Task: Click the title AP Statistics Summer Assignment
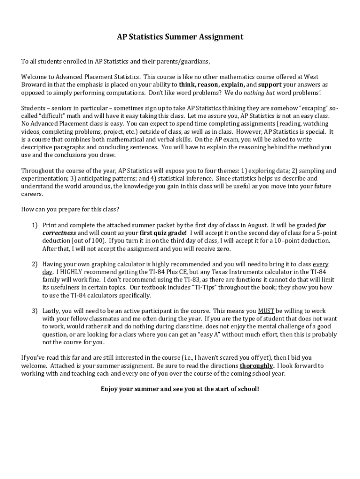[x=180, y=36]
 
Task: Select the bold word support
[x=270, y=85]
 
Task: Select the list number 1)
[x=35, y=225]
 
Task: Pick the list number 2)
[x=35, y=264]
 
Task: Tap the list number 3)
[x=35, y=311]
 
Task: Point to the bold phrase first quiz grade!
[x=163, y=233]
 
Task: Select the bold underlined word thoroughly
[x=257, y=366]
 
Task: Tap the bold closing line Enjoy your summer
[x=180, y=389]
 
